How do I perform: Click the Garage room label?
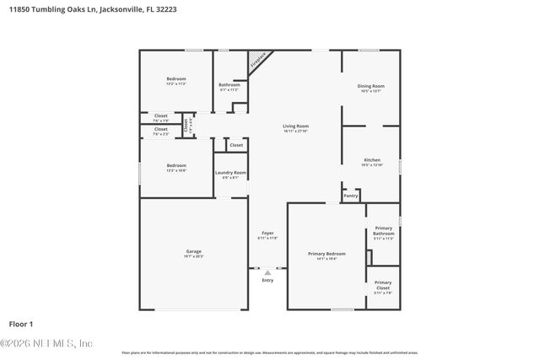pos(193,251)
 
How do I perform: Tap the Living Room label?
pos(295,126)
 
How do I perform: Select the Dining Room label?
pos(371,86)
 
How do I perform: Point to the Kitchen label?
pos(371,160)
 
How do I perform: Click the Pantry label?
pos(351,196)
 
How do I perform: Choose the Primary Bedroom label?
pos(327,254)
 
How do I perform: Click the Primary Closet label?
pos(383,285)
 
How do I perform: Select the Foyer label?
pos(267,233)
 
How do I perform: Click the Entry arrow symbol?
pos(267,272)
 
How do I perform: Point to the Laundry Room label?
pos(230,173)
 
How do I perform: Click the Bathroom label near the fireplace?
pos(229,85)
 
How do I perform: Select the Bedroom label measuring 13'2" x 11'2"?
pos(175,79)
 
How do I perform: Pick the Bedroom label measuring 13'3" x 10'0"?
pos(175,165)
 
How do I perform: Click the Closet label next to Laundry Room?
pos(236,145)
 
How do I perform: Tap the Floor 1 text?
pos(20,324)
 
